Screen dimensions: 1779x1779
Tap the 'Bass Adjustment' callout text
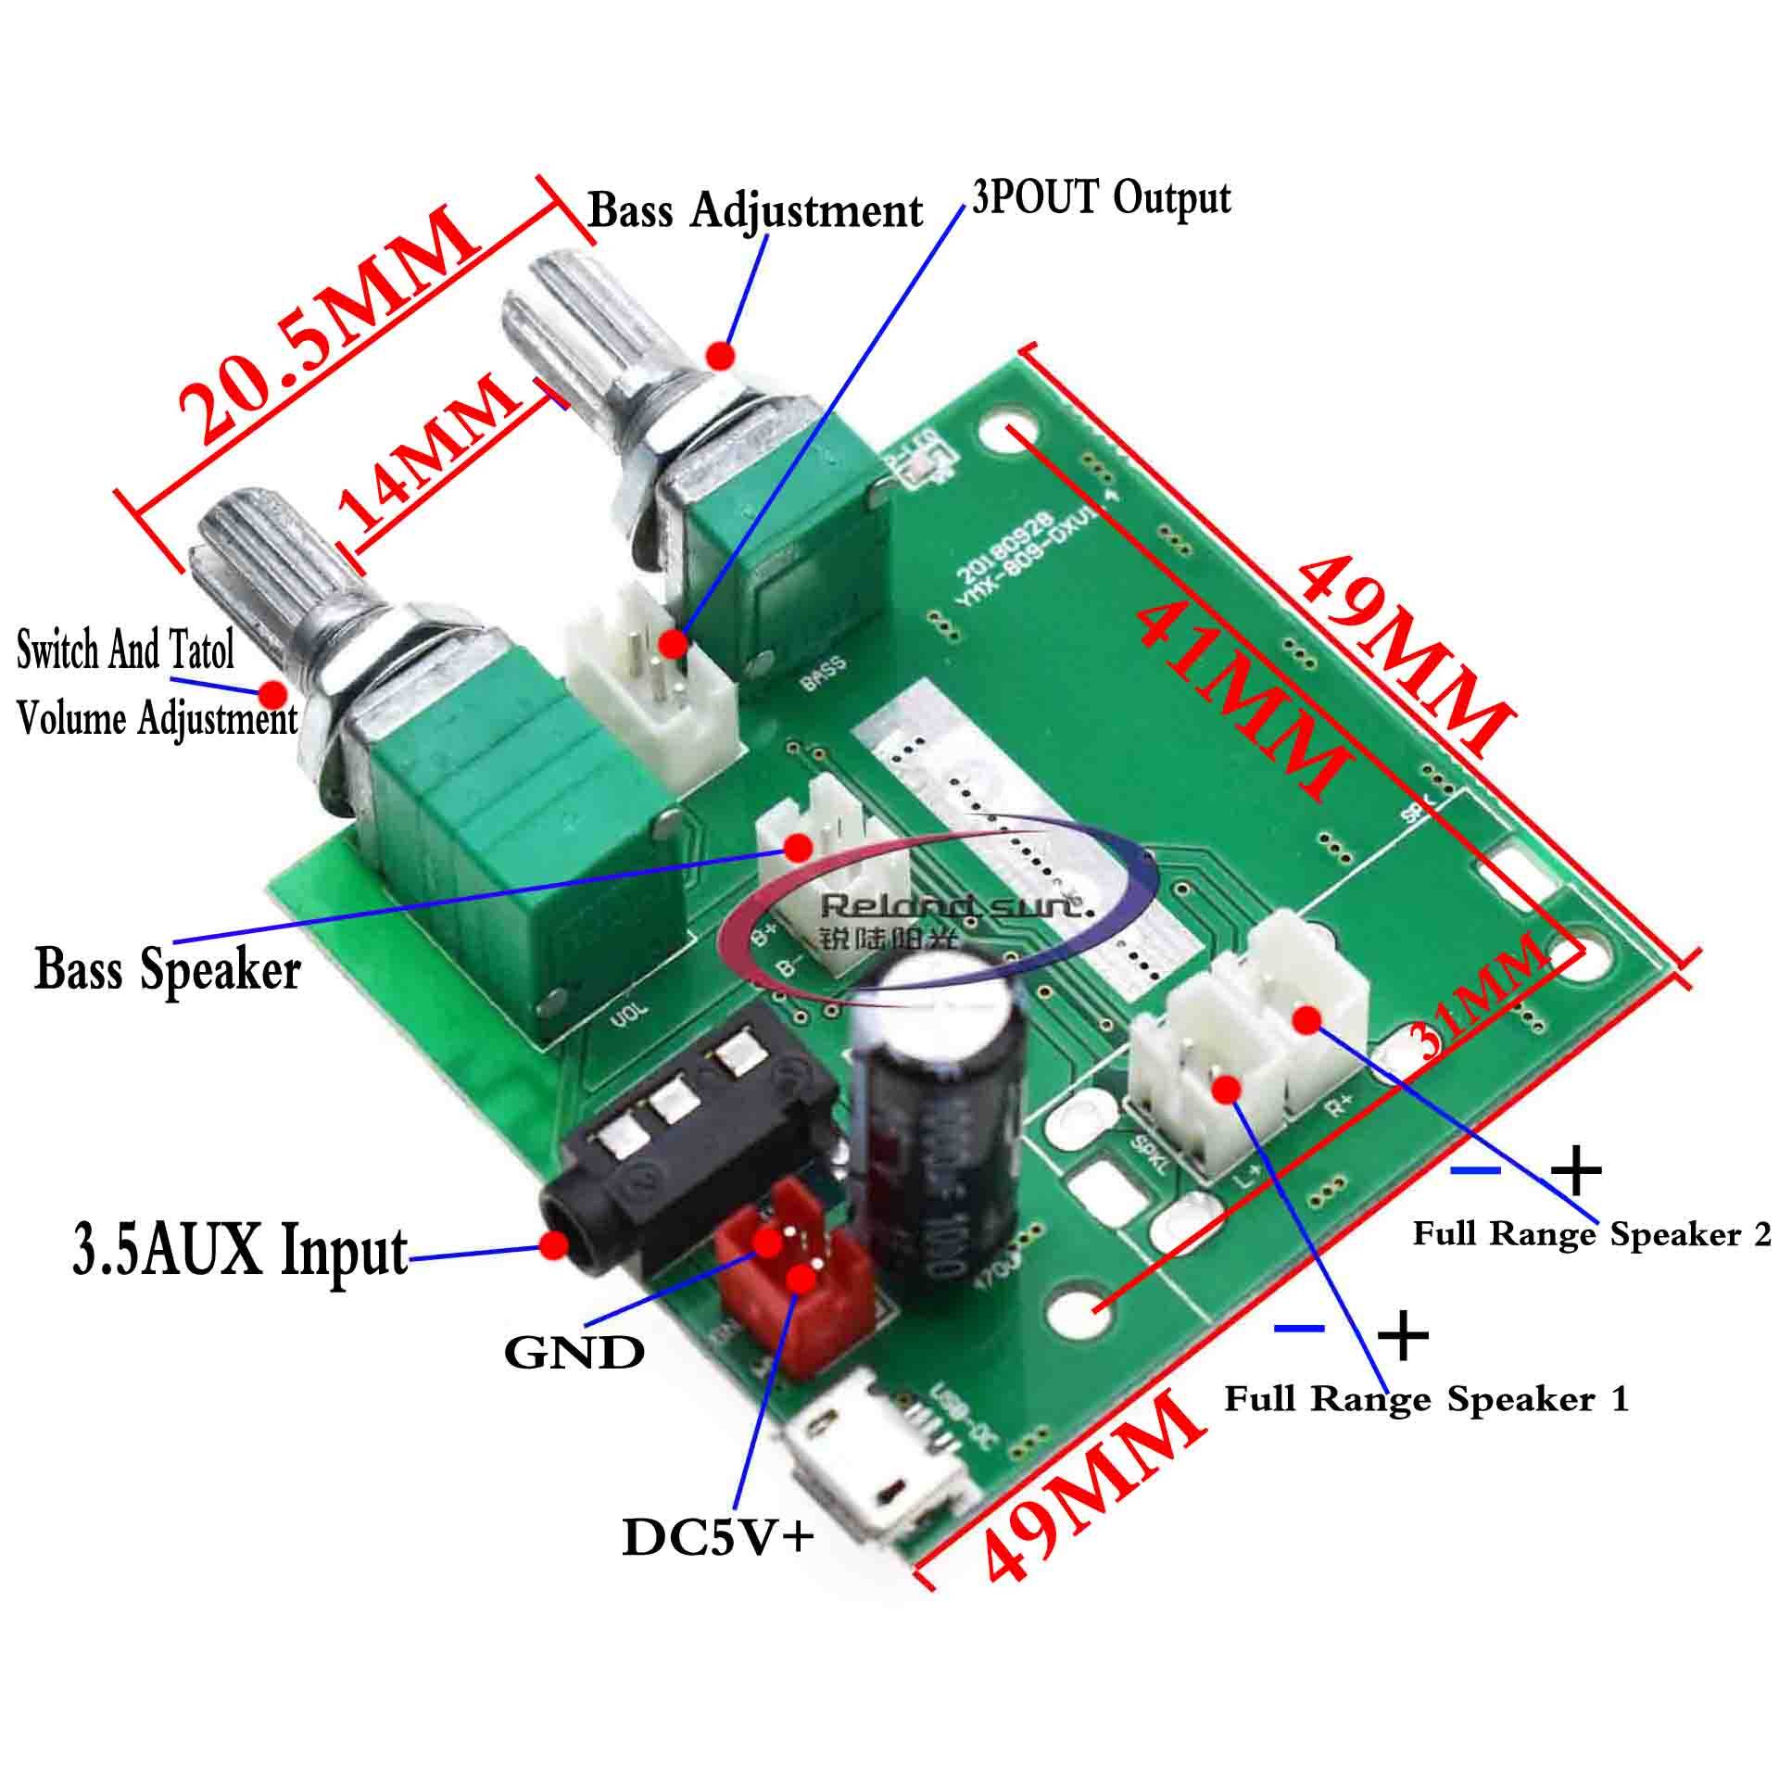755,211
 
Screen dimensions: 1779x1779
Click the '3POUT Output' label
1101,198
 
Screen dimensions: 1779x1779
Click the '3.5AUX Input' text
239,1251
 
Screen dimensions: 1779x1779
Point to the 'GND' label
574,1354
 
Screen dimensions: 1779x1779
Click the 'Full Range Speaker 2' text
1591,1235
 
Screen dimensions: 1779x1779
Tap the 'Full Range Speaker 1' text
1425,1399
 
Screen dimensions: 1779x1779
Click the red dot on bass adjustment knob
721,355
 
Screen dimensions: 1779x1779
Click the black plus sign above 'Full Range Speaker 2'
1576,1173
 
